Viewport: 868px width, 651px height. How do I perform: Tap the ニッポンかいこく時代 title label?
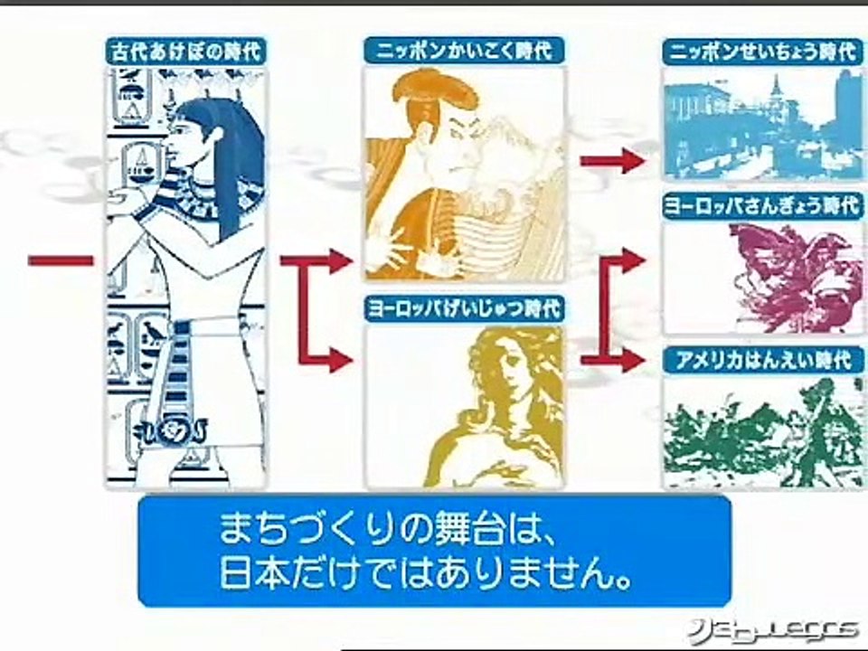pyautogui.click(x=464, y=51)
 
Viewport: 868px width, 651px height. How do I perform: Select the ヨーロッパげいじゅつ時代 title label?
pyautogui.click(x=464, y=309)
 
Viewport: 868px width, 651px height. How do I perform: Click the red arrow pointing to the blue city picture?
pyautogui.click(x=612, y=161)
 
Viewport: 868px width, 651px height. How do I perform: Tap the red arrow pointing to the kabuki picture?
pyautogui.click(x=316, y=260)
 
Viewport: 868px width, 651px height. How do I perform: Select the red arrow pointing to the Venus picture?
pyautogui.click(x=325, y=360)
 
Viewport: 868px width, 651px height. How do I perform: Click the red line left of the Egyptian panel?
pyautogui.click(x=61, y=260)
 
